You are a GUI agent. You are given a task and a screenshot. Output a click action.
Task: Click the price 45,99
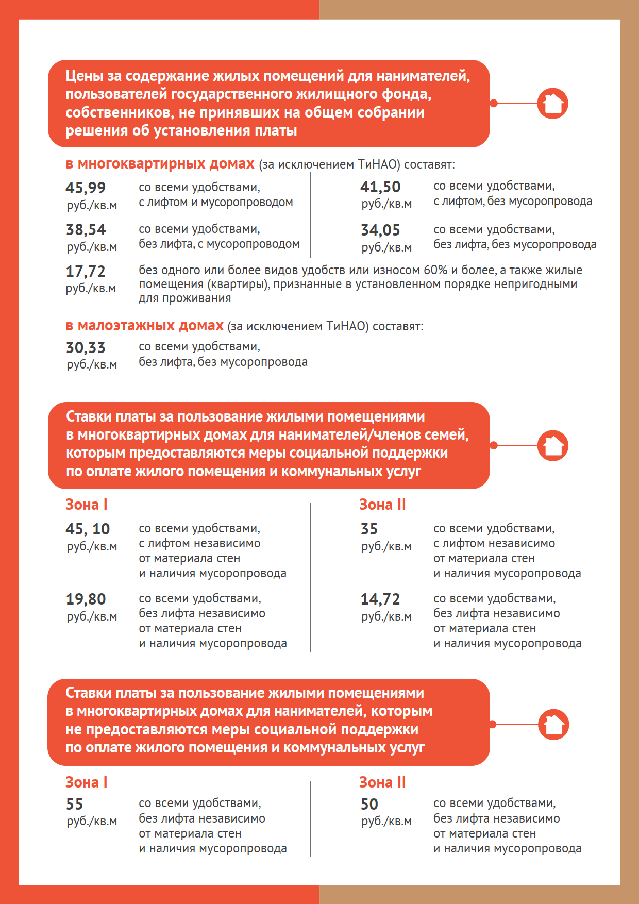(86, 188)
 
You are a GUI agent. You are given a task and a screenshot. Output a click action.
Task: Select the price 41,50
(380, 187)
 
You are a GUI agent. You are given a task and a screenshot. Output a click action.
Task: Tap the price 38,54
(86, 229)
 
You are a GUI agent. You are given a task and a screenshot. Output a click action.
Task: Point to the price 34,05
(380, 230)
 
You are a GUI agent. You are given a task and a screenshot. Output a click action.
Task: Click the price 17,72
(86, 271)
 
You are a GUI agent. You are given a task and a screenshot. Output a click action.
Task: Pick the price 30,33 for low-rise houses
(86, 347)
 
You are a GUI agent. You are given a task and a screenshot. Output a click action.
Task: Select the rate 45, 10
(88, 529)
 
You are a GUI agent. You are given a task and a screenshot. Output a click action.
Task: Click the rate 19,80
(86, 599)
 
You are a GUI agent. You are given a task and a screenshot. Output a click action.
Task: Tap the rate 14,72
(380, 599)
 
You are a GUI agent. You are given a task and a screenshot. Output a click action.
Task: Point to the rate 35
(369, 529)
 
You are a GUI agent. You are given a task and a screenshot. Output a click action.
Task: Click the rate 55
(74, 804)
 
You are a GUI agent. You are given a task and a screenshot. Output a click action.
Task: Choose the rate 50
(369, 804)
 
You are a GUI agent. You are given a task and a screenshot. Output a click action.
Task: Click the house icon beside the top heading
(553, 103)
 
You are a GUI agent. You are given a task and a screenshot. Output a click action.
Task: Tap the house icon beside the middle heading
(553, 445)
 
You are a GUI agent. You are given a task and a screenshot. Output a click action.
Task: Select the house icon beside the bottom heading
(553, 724)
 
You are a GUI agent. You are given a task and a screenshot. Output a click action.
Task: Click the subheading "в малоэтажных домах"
(144, 326)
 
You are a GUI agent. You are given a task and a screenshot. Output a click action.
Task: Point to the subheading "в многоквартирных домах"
(160, 164)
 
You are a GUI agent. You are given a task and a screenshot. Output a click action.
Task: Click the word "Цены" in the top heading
(85, 76)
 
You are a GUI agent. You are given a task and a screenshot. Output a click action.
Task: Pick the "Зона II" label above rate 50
(382, 782)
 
